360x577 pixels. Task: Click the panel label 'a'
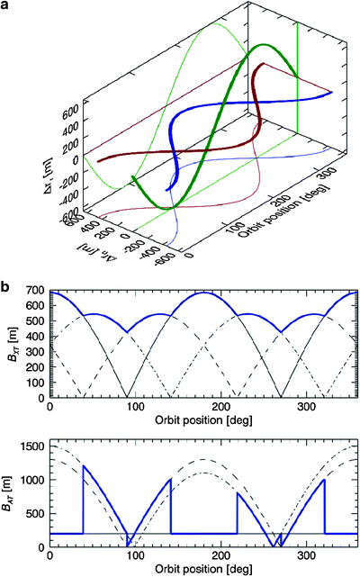[5, 6]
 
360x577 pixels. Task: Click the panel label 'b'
[5, 286]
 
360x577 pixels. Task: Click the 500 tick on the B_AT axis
[36, 513]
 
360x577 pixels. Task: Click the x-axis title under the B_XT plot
[203, 419]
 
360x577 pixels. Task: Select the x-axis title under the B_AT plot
[203, 569]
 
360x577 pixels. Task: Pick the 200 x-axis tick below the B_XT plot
[220, 407]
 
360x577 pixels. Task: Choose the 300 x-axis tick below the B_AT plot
[307, 555]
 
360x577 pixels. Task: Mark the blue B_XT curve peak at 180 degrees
[203, 293]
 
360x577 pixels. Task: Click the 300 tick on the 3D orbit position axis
[326, 174]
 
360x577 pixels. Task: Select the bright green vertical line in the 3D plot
[297, 77]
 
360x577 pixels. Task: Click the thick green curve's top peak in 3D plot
[263, 45]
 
